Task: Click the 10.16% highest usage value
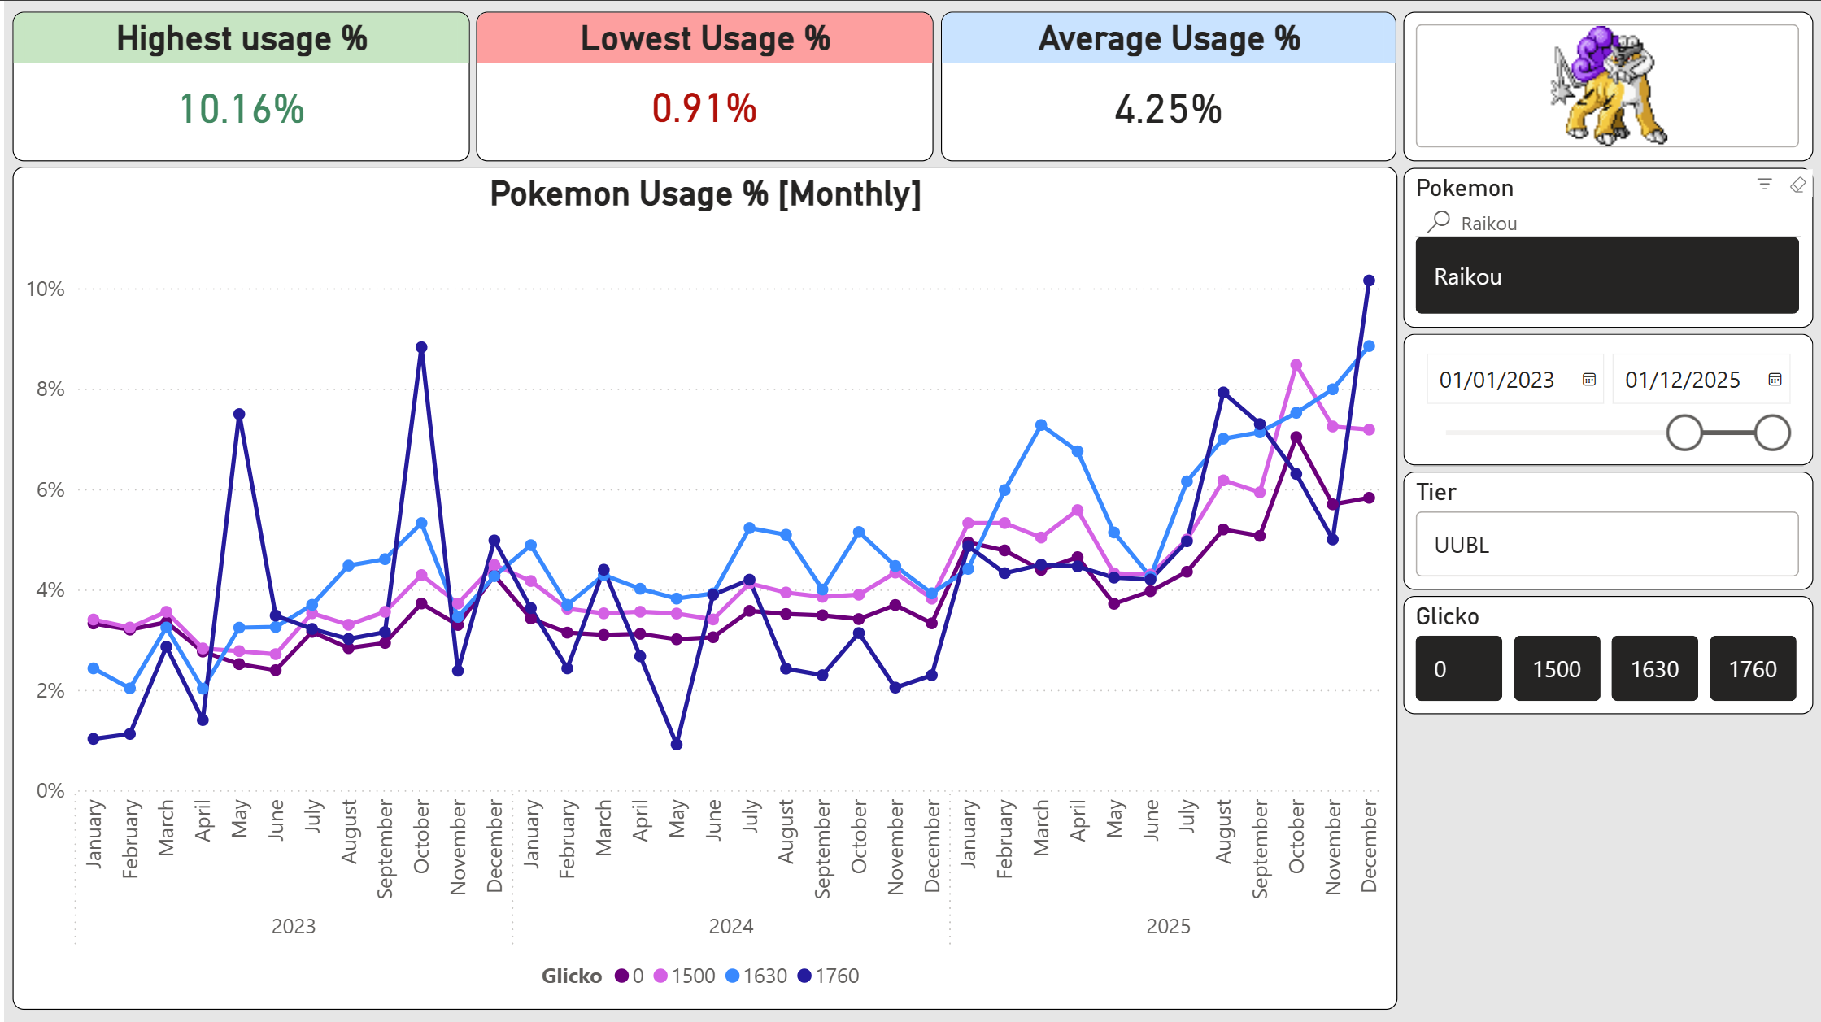242,109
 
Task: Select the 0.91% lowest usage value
704,109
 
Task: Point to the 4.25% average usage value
1168,109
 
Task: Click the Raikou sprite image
1608,86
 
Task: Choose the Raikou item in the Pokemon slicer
1606,276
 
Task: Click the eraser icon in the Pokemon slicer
1797,185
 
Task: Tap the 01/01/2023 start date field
1496,380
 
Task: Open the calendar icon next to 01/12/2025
1775,380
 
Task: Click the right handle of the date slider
1772,433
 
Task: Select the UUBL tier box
1606,545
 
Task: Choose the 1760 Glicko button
1753,669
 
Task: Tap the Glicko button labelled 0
1458,669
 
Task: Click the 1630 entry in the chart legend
756,976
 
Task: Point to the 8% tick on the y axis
50,389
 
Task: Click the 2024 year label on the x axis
730,926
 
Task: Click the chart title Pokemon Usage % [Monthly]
705,194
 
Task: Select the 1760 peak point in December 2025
1369,281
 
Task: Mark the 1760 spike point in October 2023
421,347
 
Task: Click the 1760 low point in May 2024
677,744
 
